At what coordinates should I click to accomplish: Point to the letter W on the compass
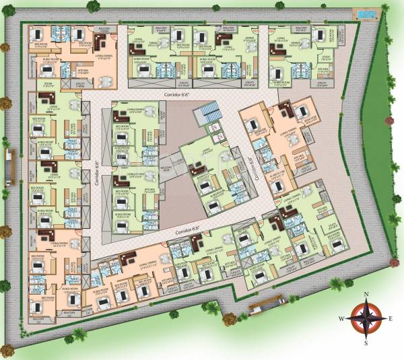341,319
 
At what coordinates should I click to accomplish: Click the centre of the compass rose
366,318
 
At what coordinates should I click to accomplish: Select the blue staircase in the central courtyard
210,114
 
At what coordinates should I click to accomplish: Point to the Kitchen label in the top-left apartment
83,70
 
